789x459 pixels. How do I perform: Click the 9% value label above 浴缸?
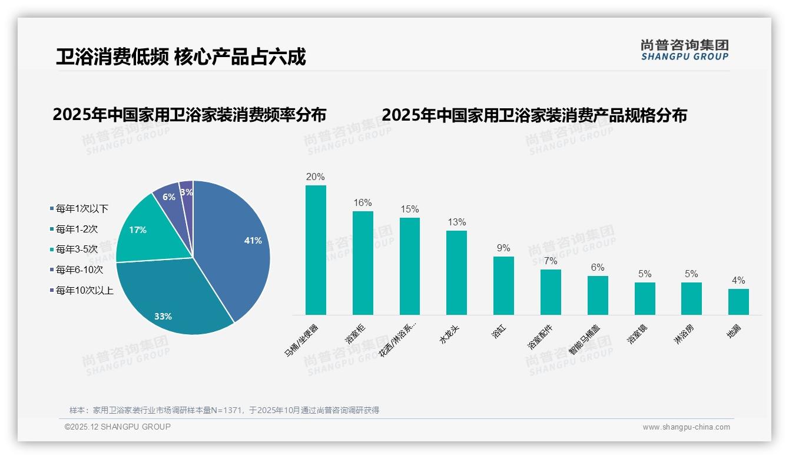tap(503, 248)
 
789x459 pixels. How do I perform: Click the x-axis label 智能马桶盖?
tap(585, 340)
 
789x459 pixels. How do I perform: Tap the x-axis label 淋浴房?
tap(685, 334)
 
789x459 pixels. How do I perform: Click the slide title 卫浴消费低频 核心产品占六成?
tap(181, 57)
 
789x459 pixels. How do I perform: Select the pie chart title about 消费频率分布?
tap(189, 115)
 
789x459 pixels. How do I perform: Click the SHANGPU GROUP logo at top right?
tap(684, 50)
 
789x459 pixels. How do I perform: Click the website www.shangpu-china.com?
tap(686, 427)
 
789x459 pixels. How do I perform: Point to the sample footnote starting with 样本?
tap(224, 410)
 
